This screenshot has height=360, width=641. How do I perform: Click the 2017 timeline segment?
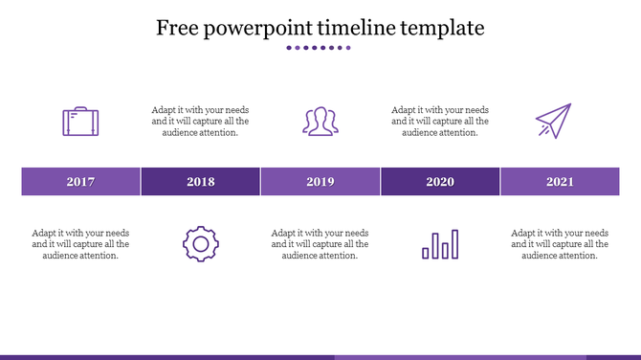[81, 182]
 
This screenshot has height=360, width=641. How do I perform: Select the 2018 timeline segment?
[201, 182]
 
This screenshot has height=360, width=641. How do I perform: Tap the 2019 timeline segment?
[320, 182]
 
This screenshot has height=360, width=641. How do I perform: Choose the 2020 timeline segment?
[440, 182]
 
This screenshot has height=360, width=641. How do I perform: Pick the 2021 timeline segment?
[560, 182]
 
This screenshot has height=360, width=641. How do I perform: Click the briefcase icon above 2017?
[81, 122]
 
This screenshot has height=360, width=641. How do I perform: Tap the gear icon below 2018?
[201, 243]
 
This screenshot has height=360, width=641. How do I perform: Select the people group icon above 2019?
[320, 122]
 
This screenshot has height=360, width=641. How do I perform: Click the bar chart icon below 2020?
[440, 244]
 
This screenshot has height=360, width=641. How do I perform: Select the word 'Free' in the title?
[176, 28]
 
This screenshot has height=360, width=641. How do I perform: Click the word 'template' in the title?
[448, 29]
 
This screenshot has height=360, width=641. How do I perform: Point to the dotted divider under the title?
[320, 48]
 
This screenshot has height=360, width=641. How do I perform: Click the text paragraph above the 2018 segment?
[201, 122]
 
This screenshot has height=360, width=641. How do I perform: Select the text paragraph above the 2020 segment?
[440, 122]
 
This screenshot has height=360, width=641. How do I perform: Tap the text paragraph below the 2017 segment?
[81, 244]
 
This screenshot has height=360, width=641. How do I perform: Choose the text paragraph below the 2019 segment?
[320, 244]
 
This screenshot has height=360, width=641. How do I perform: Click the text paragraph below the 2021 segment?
[560, 244]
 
